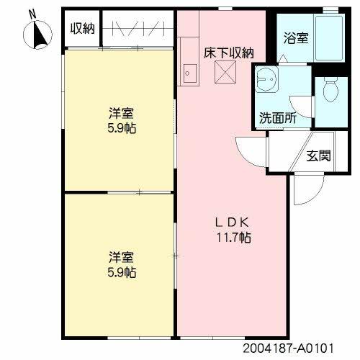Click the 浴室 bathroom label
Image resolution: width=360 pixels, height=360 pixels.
297,37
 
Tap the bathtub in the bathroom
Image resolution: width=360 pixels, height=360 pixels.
332,38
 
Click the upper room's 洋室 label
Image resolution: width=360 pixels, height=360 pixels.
122,114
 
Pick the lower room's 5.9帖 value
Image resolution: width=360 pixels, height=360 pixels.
122,272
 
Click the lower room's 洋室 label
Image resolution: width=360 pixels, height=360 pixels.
122,257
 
